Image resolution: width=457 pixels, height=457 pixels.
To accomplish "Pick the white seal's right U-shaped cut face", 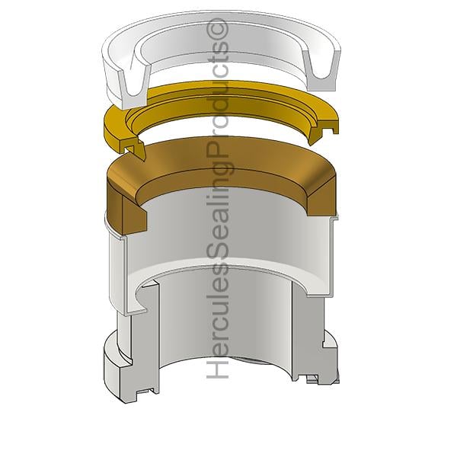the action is [321, 70].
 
